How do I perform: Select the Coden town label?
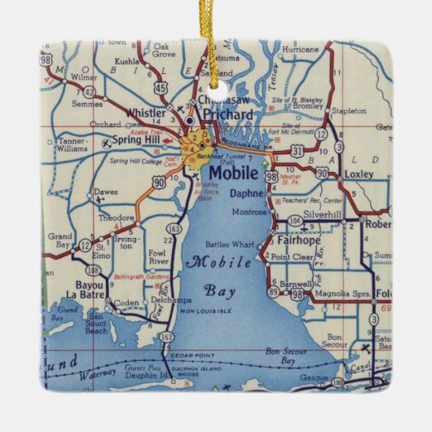127,304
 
